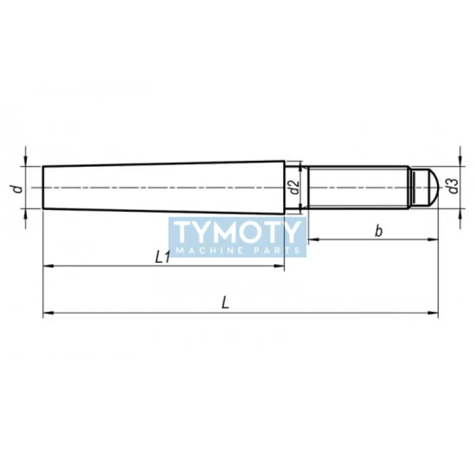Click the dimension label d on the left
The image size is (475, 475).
(19, 188)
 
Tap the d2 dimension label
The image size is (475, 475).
(294, 187)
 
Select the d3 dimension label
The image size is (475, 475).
(453, 186)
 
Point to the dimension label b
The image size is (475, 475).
(378, 231)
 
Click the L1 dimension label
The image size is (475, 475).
(163, 258)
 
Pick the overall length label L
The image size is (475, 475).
(226, 303)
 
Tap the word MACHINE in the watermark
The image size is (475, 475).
(210, 251)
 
